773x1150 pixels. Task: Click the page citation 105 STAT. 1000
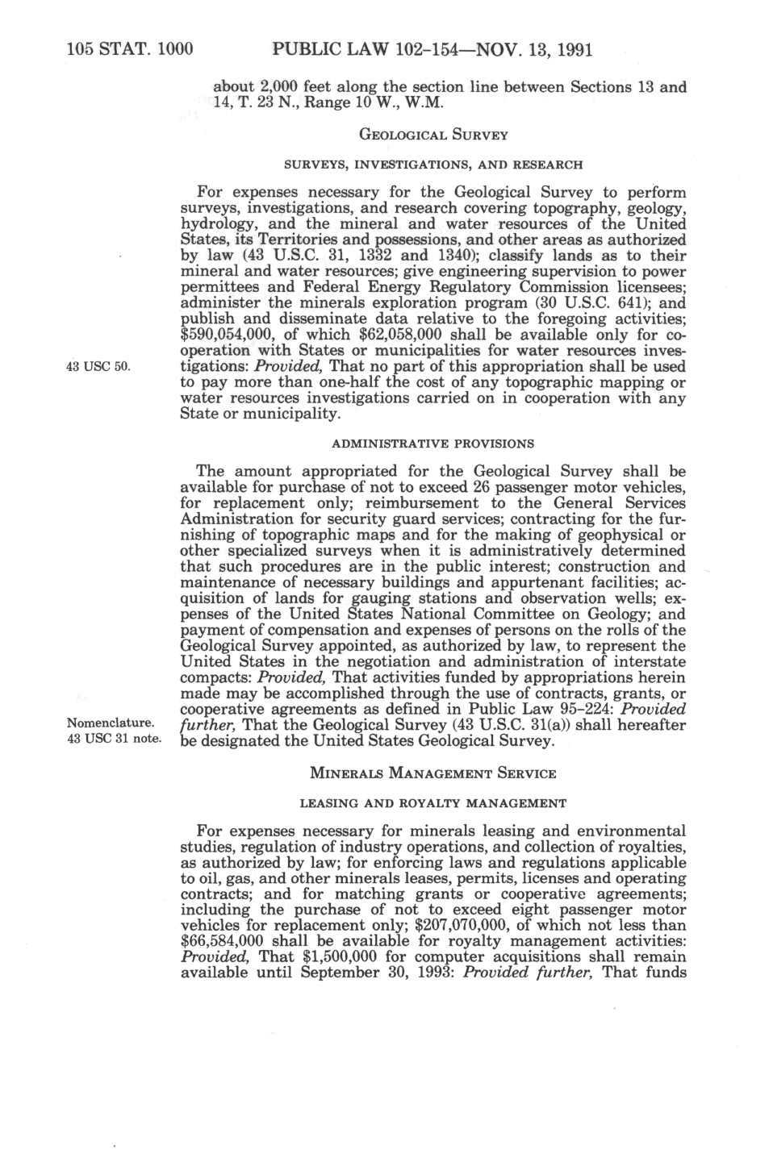click(x=129, y=50)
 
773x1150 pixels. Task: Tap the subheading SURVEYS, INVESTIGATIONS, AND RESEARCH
click(x=432, y=165)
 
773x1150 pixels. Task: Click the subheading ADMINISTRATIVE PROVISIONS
click(x=432, y=444)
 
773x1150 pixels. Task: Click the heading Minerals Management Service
click(x=432, y=773)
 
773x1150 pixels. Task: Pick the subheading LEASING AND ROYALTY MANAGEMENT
click(x=432, y=803)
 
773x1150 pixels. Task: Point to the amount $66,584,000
click(x=229, y=941)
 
